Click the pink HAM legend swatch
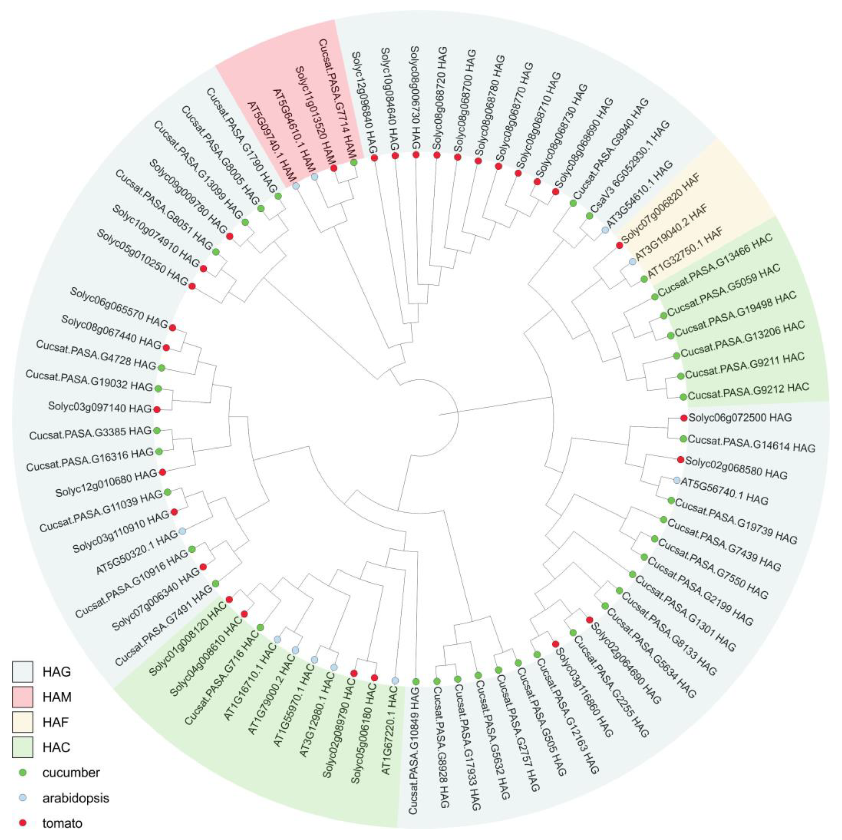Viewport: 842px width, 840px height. pos(23,697)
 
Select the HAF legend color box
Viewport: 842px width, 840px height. pos(23,722)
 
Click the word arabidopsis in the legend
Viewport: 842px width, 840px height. pos(75,798)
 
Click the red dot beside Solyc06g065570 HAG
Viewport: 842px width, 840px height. pos(172,327)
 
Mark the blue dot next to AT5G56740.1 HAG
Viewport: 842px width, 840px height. pos(676,480)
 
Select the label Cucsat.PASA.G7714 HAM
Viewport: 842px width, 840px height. pos(337,98)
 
